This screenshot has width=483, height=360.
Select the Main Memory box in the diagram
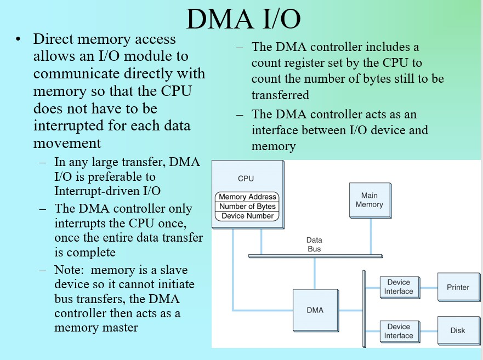(369, 200)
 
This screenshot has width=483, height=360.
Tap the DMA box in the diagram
(315, 310)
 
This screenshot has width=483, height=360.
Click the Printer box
(458, 287)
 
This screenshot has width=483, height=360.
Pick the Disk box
(458, 330)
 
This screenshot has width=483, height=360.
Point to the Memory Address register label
(248, 197)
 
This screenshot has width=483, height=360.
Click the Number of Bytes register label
(248, 207)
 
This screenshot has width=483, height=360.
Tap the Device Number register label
(248, 216)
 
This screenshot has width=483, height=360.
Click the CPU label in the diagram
(246, 179)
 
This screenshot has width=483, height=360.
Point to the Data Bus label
(314, 244)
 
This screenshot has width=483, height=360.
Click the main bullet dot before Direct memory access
(19, 40)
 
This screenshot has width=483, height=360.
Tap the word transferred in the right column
(280, 95)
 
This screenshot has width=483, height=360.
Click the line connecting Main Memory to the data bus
(370, 236)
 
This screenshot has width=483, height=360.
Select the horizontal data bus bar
(315, 256)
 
